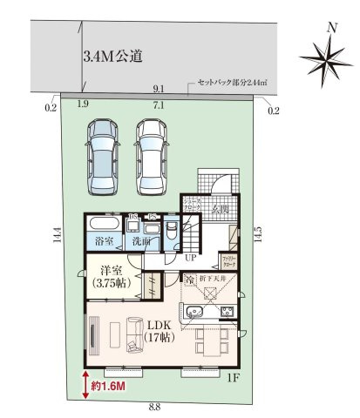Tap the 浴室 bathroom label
[x=104, y=239]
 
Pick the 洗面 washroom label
[x=142, y=239]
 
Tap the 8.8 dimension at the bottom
[x=153, y=408]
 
